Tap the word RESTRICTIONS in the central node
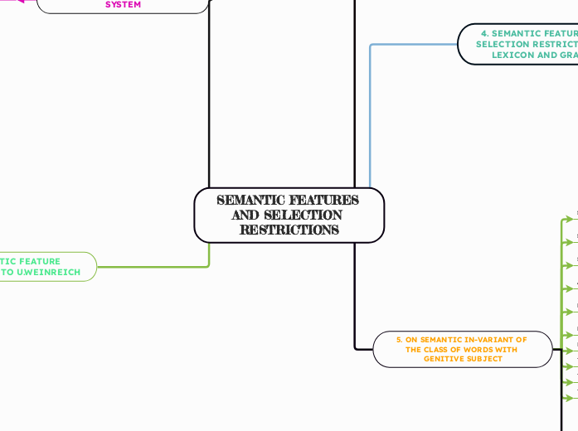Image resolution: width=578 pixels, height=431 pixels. pyautogui.click(x=289, y=230)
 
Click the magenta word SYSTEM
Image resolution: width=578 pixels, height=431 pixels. pyautogui.click(x=123, y=5)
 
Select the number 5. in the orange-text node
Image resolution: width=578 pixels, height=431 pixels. pyautogui.click(x=399, y=339)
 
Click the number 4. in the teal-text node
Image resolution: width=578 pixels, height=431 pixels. pyautogui.click(x=483, y=34)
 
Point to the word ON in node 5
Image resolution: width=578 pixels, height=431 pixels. pyautogui.click(x=411, y=339)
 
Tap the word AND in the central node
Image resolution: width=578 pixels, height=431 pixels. pyautogui.click(x=245, y=215)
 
